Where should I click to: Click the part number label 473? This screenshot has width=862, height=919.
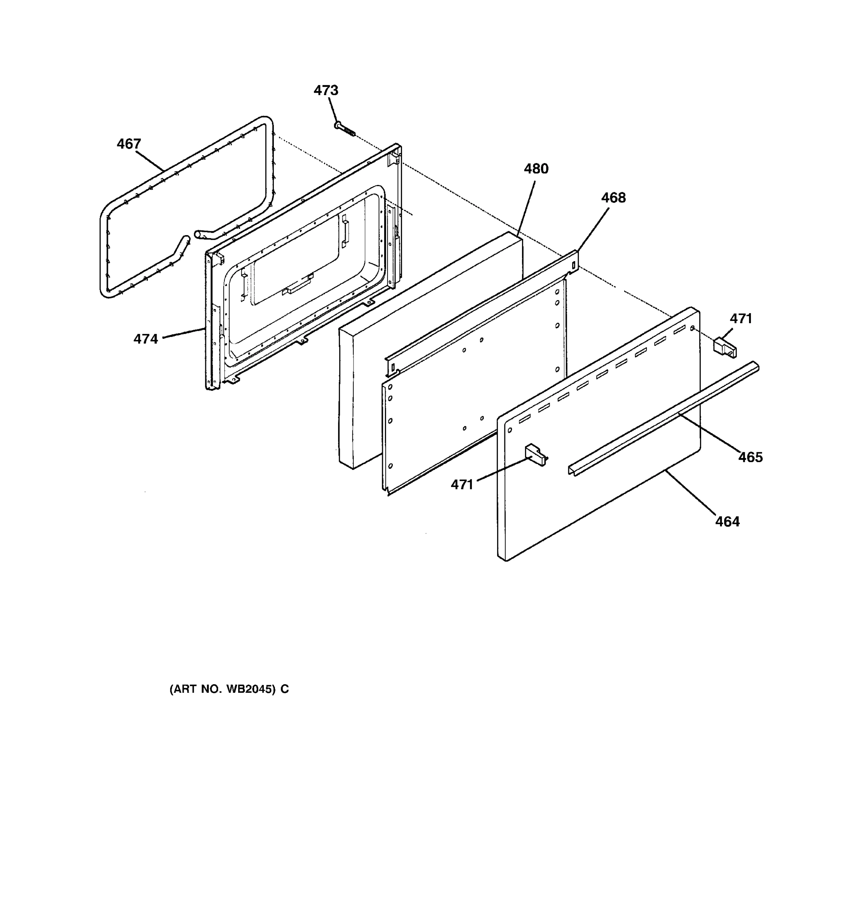pos(326,90)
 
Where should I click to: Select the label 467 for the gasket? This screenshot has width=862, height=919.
pos(129,144)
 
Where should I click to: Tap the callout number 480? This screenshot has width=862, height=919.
pos(536,169)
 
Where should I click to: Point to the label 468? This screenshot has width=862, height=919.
pos(613,198)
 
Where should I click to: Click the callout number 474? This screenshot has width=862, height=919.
pos(146,339)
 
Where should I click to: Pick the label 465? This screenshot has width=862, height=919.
pos(750,457)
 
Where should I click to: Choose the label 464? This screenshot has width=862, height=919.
pos(728,522)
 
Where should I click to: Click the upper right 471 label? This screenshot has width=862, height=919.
pos(741,319)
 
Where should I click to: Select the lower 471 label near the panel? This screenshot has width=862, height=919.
pos(462,484)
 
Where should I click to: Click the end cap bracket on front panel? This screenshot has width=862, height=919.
pos(535,455)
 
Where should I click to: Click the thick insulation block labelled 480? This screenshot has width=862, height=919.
pos(430,352)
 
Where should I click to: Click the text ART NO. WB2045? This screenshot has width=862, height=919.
pos(229,689)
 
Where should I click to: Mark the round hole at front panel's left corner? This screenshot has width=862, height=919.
pos(510,430)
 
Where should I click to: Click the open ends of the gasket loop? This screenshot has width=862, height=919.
pos(192,237)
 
